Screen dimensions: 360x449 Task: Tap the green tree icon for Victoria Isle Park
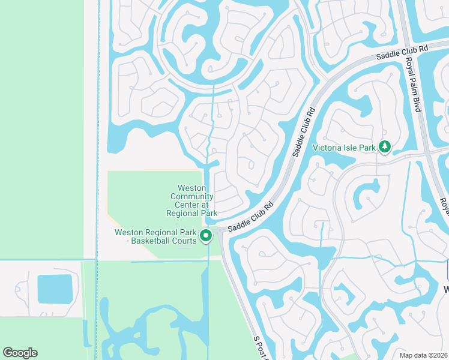[x=385, y=146]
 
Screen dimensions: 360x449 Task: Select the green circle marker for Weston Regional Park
[x=206, y=236]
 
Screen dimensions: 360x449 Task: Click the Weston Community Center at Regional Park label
[x=192, y=201]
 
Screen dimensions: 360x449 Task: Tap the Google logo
[x=20, y=353]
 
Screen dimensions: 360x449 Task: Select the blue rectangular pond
[x=55, y=289]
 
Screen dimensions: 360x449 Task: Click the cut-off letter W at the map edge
[x=446, y=290]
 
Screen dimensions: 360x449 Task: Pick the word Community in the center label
[x=192, y=196]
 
